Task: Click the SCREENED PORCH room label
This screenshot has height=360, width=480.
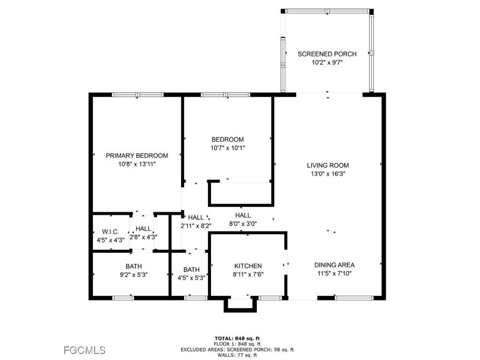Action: [327, 54]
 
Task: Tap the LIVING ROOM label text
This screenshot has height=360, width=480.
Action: [328, 165]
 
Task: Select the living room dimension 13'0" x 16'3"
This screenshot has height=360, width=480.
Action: [328, 174]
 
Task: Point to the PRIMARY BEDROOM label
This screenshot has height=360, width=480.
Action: [136, 156]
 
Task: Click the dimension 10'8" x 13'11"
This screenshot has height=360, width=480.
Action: [136, 164]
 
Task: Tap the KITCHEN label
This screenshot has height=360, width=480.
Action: [247, 266]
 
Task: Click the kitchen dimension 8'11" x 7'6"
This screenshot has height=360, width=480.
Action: [247, 275]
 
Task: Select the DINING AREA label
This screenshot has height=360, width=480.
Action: [334, 265]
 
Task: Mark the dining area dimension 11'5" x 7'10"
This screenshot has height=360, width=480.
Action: [334, 273]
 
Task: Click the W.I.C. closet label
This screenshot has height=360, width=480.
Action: [110, 232]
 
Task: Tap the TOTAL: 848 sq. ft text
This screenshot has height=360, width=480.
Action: [237, 338]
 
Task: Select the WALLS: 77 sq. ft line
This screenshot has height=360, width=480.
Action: [237, 355]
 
